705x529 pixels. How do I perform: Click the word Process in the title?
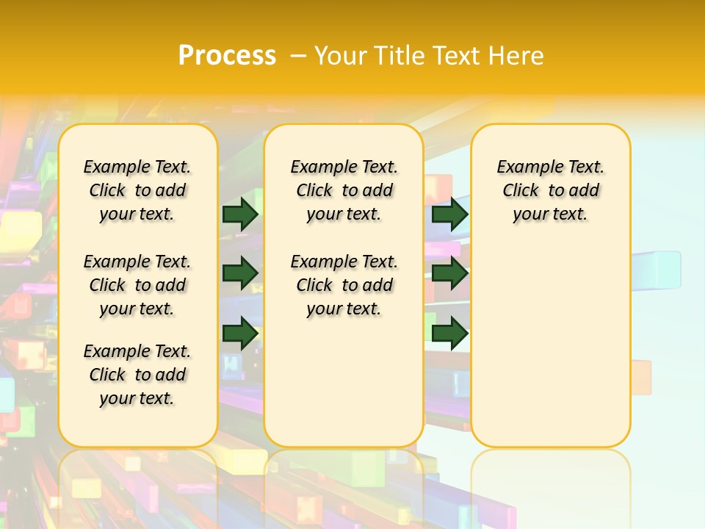[227, 56]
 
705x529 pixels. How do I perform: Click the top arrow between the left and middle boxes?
[240, 214]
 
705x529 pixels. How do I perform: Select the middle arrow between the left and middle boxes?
[240, 273]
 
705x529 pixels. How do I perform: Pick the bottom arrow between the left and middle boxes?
[240, 333]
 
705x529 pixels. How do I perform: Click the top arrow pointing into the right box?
[449, 214]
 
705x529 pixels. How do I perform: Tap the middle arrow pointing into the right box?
[449, 273]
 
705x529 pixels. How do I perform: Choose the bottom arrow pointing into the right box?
[449, 333]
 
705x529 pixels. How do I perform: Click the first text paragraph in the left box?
[137, 190]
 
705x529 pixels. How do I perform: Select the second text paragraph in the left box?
[137, 285]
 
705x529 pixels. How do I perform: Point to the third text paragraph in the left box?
[137, 375]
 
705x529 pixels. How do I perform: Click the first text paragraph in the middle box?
[344, 190]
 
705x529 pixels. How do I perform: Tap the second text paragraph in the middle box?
[344, 285]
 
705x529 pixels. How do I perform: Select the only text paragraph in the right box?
[550, 190]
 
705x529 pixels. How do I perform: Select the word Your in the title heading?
[339, 56]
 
